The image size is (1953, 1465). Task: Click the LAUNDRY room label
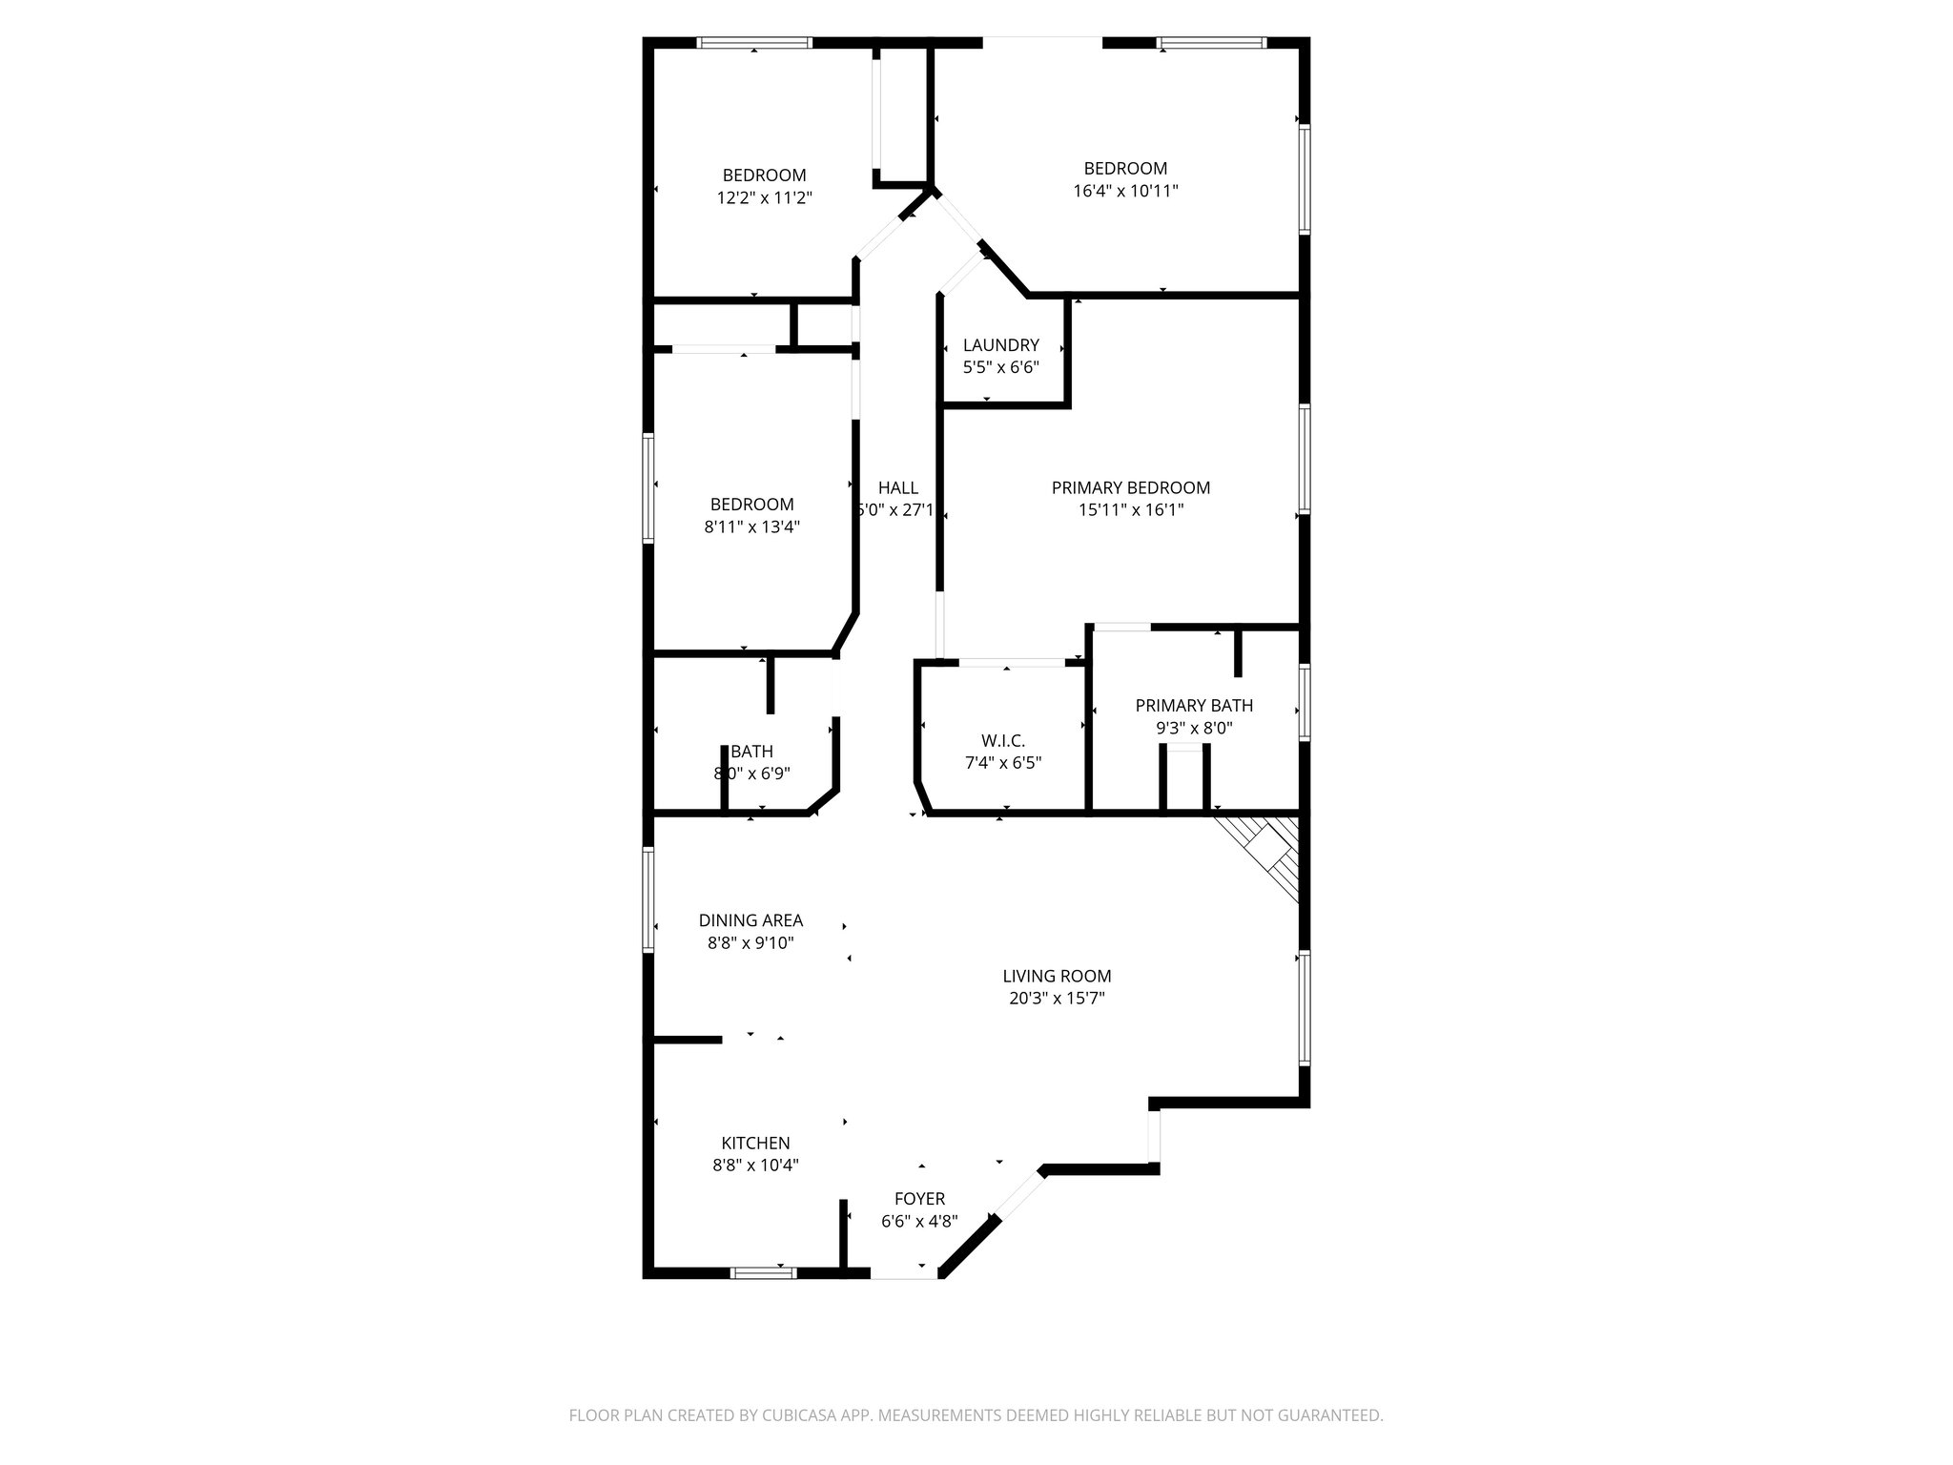pyautogui.click(x=1000, y=345)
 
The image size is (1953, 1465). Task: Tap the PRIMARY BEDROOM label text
pyautogui.click(x=1130, y=488)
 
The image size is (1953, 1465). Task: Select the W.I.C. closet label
pyautogui.click(x=1002, y=741)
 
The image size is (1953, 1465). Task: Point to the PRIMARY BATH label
pyautogui.click(x=1194, y=706)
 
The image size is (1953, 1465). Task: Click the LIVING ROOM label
pyautogui.click(x=1057, y=977)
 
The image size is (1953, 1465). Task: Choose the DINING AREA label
pyautogui.click(x=750, y=920)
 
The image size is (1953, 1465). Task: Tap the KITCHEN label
pyautogui.click(x=755, y=1143)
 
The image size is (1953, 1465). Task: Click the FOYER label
pyautogui.click(x=919, y=1199)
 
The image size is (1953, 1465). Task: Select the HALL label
pyautogui.click(x=898, y=488)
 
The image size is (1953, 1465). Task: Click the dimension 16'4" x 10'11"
pyautogui.click(x=1125, y=191)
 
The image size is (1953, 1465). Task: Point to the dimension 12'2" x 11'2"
pyautogui.click(x=764, y=198)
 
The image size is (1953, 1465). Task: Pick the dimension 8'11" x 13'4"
pyautogui.click(x=751, y=526)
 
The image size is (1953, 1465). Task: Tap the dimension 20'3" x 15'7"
pyautogui.click(x=1057, y=999)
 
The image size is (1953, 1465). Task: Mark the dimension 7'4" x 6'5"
pyautogui.click(x=1002, y=763)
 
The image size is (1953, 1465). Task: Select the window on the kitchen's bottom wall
pyautogui.click(x=763, y=1271)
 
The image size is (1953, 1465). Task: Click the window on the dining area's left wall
pyautogui.click(x=648, y=899)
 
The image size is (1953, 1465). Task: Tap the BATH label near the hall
pyautogui.click(x=751, y=752)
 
